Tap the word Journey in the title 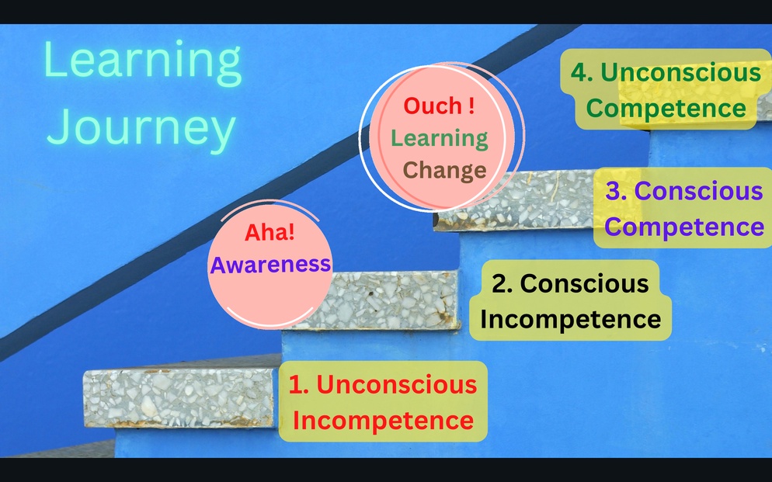click(x=141, y=127)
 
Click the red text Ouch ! click(x=439, y=106)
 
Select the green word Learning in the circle click(x=439, y=139)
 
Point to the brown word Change click(x=444, y=170)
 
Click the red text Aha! click(x=270, y=232)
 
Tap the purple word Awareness click(x=270, y=265)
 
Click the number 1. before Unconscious click(x=299, y=385)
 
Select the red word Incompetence click(x=383, y=421)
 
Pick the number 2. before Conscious click(x=502, y=284)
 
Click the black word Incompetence click(x=571, y=319)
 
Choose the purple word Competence click(x=684, y=227)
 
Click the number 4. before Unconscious click(x=582, y=72)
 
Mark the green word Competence click(x=666, y=108)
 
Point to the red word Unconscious click(x=397, y=385)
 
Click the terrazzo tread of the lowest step click(x=178, y=398)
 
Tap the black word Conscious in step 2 click(x=584, y=284)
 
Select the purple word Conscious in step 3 click(x=699, y=191)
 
